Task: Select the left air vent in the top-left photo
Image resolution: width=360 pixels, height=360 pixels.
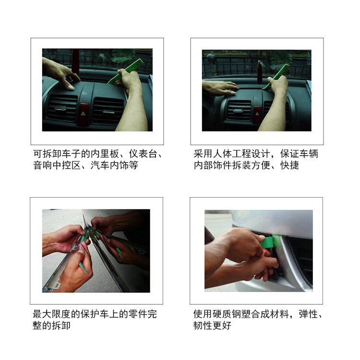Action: (x=62, y=108)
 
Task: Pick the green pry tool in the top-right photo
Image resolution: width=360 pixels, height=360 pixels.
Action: (x=276, y=76)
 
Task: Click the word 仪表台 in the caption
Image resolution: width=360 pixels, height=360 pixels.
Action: (x=143, y=154)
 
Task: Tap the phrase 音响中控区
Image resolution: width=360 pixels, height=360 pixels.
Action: (x=57, y=165)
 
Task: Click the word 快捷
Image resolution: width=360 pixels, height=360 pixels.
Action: (x=289, y=165)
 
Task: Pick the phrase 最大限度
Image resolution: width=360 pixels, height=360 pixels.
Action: (x=51, y=314)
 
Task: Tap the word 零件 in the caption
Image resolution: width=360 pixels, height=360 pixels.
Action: (x=138, y=314)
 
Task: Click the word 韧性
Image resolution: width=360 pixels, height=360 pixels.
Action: (x=203, y=325)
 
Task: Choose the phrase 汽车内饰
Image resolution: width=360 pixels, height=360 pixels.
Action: (x=109, y=165)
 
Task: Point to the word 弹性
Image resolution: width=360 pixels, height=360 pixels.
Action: (x=308, y=314)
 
